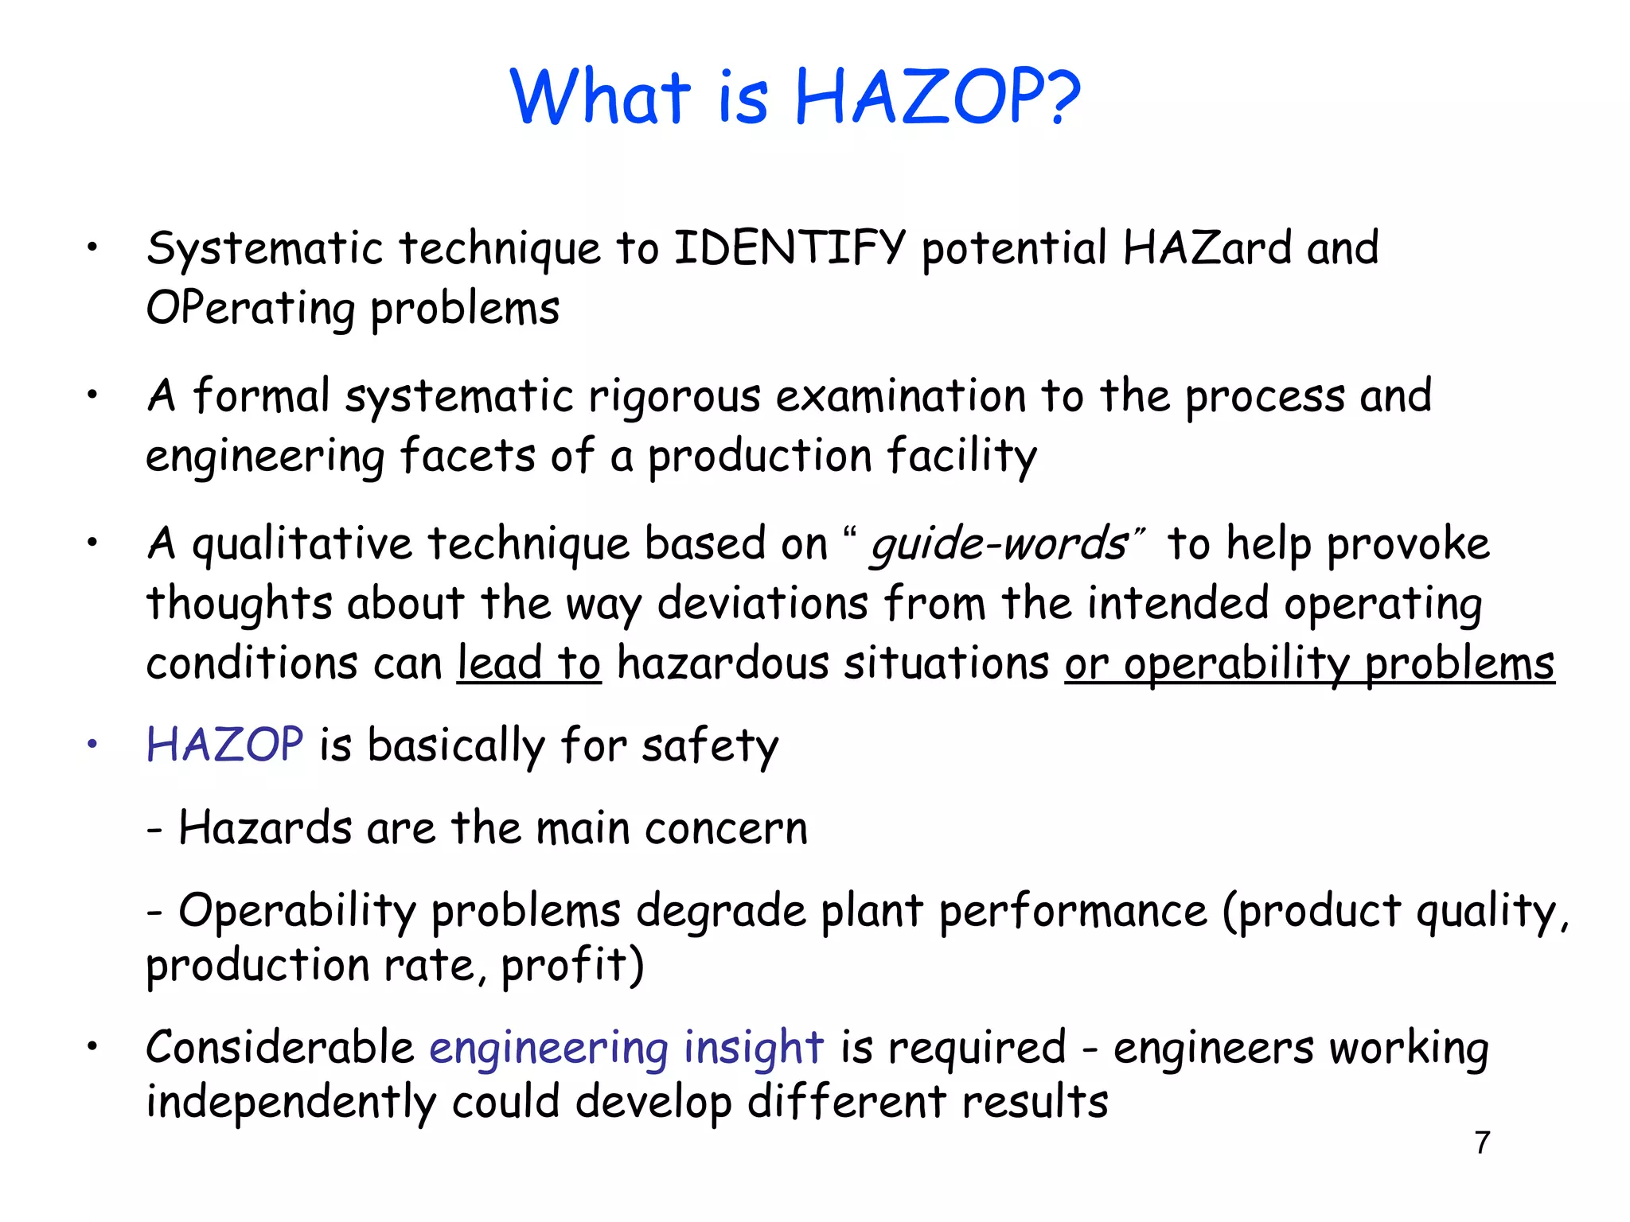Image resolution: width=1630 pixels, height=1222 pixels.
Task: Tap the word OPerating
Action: coord(250,309)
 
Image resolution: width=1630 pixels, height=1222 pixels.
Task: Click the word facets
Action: coord(467,456)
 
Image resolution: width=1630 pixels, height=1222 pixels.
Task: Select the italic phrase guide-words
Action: coord(998,545)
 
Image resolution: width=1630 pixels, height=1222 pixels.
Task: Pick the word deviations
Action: coord(762,603)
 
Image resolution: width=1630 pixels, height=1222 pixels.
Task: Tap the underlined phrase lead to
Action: coord(528,663)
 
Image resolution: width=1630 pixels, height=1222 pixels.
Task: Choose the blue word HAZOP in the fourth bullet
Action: coord(224,745)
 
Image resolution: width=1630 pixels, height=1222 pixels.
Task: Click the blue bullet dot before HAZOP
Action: coord(93,745)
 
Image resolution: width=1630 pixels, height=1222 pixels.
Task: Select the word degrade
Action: coord(720,910)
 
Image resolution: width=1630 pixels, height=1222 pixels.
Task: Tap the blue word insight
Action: coord(753,1047)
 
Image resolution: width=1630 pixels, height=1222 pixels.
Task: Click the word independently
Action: coord(291,1103)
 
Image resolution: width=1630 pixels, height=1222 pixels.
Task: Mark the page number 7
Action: coord(1482,1142)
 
